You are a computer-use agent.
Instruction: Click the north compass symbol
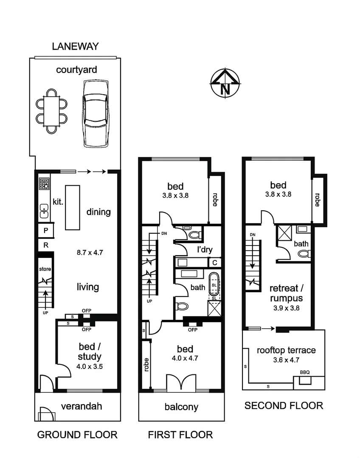tap(225, 83)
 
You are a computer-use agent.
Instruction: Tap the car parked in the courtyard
tap(96, 114)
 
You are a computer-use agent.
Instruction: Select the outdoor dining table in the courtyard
tap(52, 111)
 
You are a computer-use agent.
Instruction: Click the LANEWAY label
tap(75, 46)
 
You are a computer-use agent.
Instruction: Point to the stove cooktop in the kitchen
tap(44, 184)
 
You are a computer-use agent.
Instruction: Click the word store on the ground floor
tap(45, 269)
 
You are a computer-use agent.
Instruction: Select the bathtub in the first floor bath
tap(214, 285)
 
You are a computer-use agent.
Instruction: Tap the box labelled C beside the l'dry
tap(215, 263)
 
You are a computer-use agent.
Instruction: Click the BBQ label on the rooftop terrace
tap(305, 372)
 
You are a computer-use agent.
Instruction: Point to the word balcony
tap(181, 407)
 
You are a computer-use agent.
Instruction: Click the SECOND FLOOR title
tap(284, 405)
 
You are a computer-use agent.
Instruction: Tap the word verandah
tap(82, 406)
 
